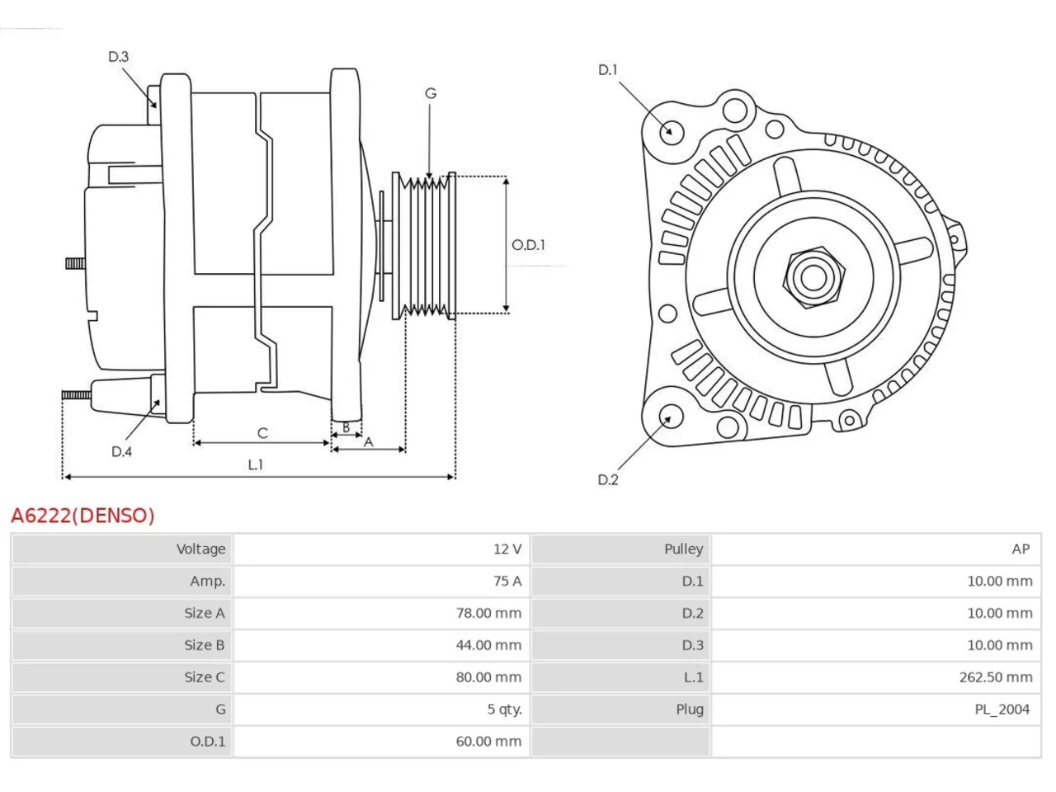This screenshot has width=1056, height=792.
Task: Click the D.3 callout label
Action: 118,57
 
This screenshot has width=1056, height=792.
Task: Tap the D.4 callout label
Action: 122,451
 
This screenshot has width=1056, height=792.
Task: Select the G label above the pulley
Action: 431,93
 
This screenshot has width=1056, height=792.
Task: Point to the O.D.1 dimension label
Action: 528,245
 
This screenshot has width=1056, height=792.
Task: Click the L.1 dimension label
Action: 256,464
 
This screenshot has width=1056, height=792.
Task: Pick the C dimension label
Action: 262,433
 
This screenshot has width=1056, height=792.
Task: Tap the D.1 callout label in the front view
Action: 608,70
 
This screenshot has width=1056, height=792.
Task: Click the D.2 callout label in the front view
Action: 608,479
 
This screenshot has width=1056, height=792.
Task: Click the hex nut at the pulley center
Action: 813,278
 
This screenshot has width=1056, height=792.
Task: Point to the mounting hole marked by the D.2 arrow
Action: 671,417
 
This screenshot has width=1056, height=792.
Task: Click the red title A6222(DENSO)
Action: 82,516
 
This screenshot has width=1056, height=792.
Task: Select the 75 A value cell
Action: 507,581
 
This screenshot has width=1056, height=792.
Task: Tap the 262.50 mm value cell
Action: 996,677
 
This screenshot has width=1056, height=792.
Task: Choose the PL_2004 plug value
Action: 1002,709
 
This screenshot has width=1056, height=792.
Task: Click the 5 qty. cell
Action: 504,709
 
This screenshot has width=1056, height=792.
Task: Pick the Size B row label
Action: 205,645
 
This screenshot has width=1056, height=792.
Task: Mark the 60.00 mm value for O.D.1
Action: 488,741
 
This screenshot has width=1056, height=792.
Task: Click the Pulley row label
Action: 684,549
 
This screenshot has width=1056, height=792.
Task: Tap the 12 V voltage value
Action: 507,549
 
